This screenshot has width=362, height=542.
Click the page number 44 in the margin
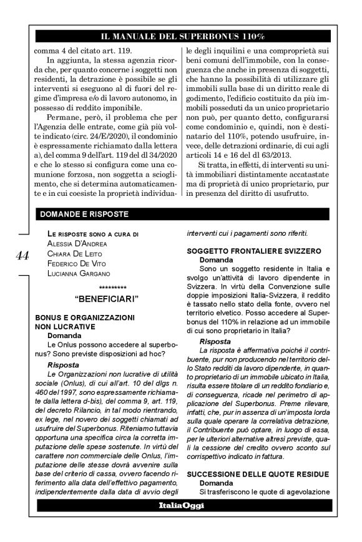(21, 257)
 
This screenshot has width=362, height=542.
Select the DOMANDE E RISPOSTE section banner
(84, 214)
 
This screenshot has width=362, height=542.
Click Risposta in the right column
(216, 341)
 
